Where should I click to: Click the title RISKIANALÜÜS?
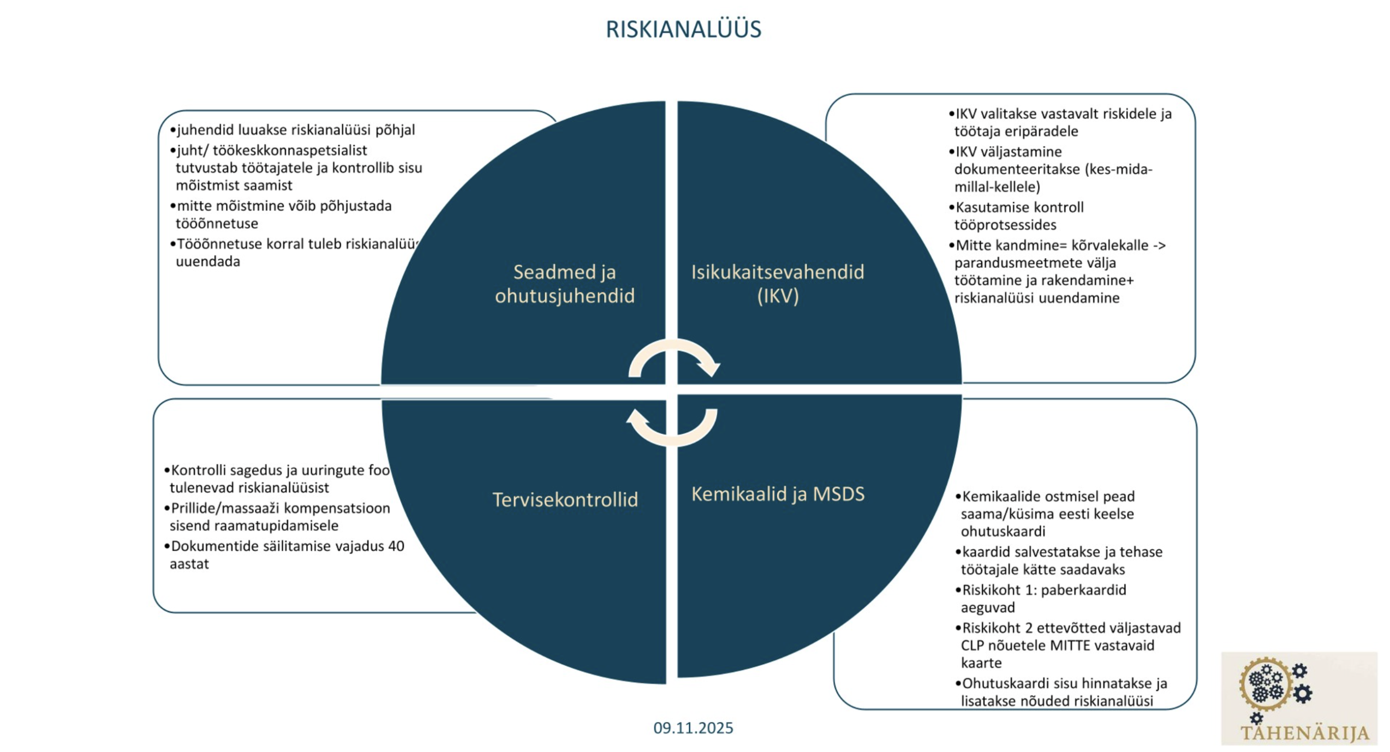click(683, 29)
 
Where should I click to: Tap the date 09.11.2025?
click(693, 728)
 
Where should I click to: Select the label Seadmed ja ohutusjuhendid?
click(564, 284)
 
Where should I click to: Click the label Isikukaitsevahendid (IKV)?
click(778, 284)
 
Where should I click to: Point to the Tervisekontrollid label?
click(565, 500)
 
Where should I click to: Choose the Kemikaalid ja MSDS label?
click(778, 494)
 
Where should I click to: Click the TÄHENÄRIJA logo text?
click(1304, 733)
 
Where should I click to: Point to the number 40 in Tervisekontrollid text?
click(396, 546)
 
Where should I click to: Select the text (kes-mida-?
click(1119, 169)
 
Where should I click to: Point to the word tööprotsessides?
click(1005, 225)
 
